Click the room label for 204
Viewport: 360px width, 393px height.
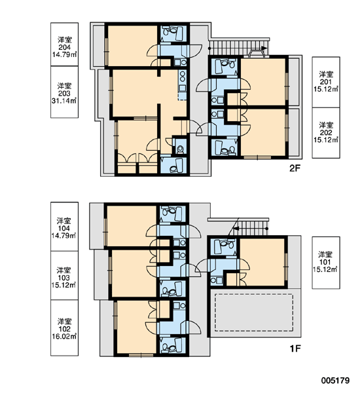(x=64, y=45)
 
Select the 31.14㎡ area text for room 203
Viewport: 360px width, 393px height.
(x=64, y=101)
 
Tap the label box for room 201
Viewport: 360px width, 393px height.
(x=326, y=83)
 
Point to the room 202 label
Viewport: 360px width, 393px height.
(x=326, y=133)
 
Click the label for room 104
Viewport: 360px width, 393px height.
(x=64, y=227)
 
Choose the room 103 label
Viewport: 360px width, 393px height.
(x=64, y=276)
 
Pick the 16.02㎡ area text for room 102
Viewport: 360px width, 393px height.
(x=64, y=336)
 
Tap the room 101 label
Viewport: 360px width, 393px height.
(x=326, y=263)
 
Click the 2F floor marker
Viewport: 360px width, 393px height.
(x=295, y=168)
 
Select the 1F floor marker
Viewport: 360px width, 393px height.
(x=295, y=348)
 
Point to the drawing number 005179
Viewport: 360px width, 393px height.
(x=335, y=381)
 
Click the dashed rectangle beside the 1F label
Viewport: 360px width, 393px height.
(x=254, y=312)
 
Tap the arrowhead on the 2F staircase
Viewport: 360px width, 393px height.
(x=264, y=48)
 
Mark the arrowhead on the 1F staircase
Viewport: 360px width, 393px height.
(x=236, y=229)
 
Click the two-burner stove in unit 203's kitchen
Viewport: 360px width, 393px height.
(x=183, y=77)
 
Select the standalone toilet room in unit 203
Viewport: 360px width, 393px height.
(x=180, y=147)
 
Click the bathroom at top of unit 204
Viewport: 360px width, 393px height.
(x=173, y=33)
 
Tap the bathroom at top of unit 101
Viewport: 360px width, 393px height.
(x=223, y=247)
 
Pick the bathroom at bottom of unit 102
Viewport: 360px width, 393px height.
(x=173, y=345)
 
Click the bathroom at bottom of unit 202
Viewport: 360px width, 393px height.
(x=224, y=147)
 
